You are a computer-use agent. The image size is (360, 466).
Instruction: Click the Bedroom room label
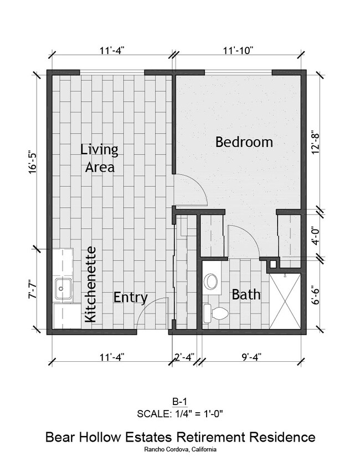pos(244,142)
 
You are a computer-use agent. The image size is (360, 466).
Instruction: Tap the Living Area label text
pos(100,158)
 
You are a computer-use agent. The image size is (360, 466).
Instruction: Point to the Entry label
pos(130,298)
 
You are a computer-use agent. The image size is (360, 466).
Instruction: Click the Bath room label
pos(246,294)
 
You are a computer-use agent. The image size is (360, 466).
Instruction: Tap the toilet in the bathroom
pos(215,313)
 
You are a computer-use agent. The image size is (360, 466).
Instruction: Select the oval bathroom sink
pos(210,281)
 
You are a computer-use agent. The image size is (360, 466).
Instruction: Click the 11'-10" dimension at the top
pos(238,50)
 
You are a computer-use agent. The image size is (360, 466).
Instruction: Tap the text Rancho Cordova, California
pos(180,449)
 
